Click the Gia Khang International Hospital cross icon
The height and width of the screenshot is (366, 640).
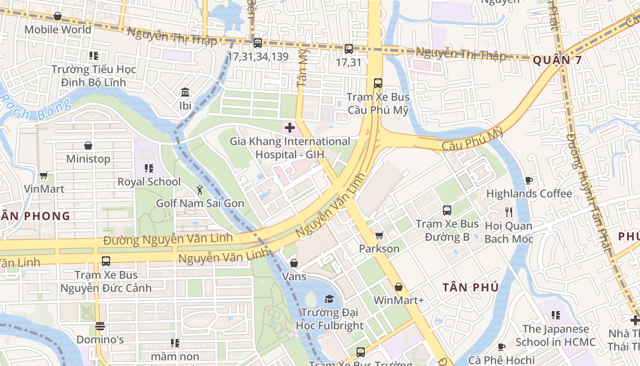pos(290,128)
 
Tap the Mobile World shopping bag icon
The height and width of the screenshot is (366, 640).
pos(58,16)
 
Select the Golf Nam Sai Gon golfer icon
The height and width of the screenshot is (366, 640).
pos(200,189)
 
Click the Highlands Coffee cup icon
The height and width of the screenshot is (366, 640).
pos(529,180)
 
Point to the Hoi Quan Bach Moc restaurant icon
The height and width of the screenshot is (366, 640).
pos(509,212)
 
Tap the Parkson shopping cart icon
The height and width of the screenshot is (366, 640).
pos(379,236)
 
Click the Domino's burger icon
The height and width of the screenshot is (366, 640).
pos(100,327)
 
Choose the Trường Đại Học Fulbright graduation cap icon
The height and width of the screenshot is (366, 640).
pos(329,299)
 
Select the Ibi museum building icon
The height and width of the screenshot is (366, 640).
pos(185,92)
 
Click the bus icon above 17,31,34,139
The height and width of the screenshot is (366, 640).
pos(258,43)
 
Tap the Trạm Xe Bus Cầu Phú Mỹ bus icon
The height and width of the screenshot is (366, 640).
pos(378,83)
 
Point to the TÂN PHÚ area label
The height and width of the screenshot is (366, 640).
pos(470,287)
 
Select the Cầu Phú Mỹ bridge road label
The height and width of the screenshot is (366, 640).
pos(473,140)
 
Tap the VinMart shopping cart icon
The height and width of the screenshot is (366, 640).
pos(44,176)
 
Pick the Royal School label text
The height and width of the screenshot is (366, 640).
pos(149,182)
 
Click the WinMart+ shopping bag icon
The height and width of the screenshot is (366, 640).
pos(399,287)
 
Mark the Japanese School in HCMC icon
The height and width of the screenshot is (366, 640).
pos(556,315)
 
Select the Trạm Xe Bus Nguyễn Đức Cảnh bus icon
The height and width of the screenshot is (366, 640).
pos(106,261)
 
